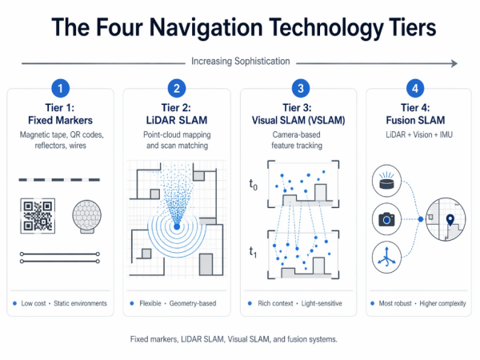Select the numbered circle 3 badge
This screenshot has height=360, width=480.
(x=299, y=88)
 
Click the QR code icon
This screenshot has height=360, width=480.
(x=38, y=217)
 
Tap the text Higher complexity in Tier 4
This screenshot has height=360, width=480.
(x=438, y=304)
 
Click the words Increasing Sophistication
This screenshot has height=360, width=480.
(x=240, y=61)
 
